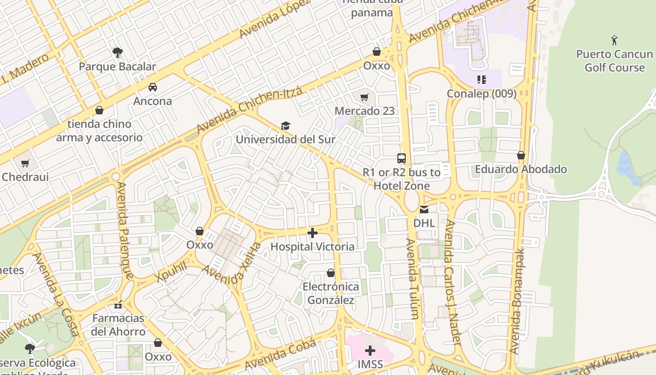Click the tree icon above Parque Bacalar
117,52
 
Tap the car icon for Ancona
153,87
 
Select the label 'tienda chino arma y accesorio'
99,131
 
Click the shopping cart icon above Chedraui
25,164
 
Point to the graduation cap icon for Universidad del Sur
285,126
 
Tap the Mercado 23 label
365,111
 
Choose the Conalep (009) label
481,93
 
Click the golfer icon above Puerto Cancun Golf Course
614,40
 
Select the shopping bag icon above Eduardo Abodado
521,155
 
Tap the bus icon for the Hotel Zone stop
401,158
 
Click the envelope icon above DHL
424,209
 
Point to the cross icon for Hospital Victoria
313,233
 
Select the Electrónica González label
331,293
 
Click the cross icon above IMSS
370,351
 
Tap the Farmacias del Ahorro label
119,325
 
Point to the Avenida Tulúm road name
412,279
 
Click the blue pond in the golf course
626,167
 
